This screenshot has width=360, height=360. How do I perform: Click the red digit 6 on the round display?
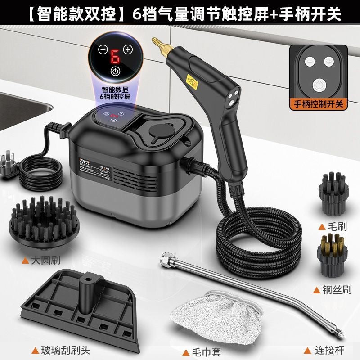coord(116,56)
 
